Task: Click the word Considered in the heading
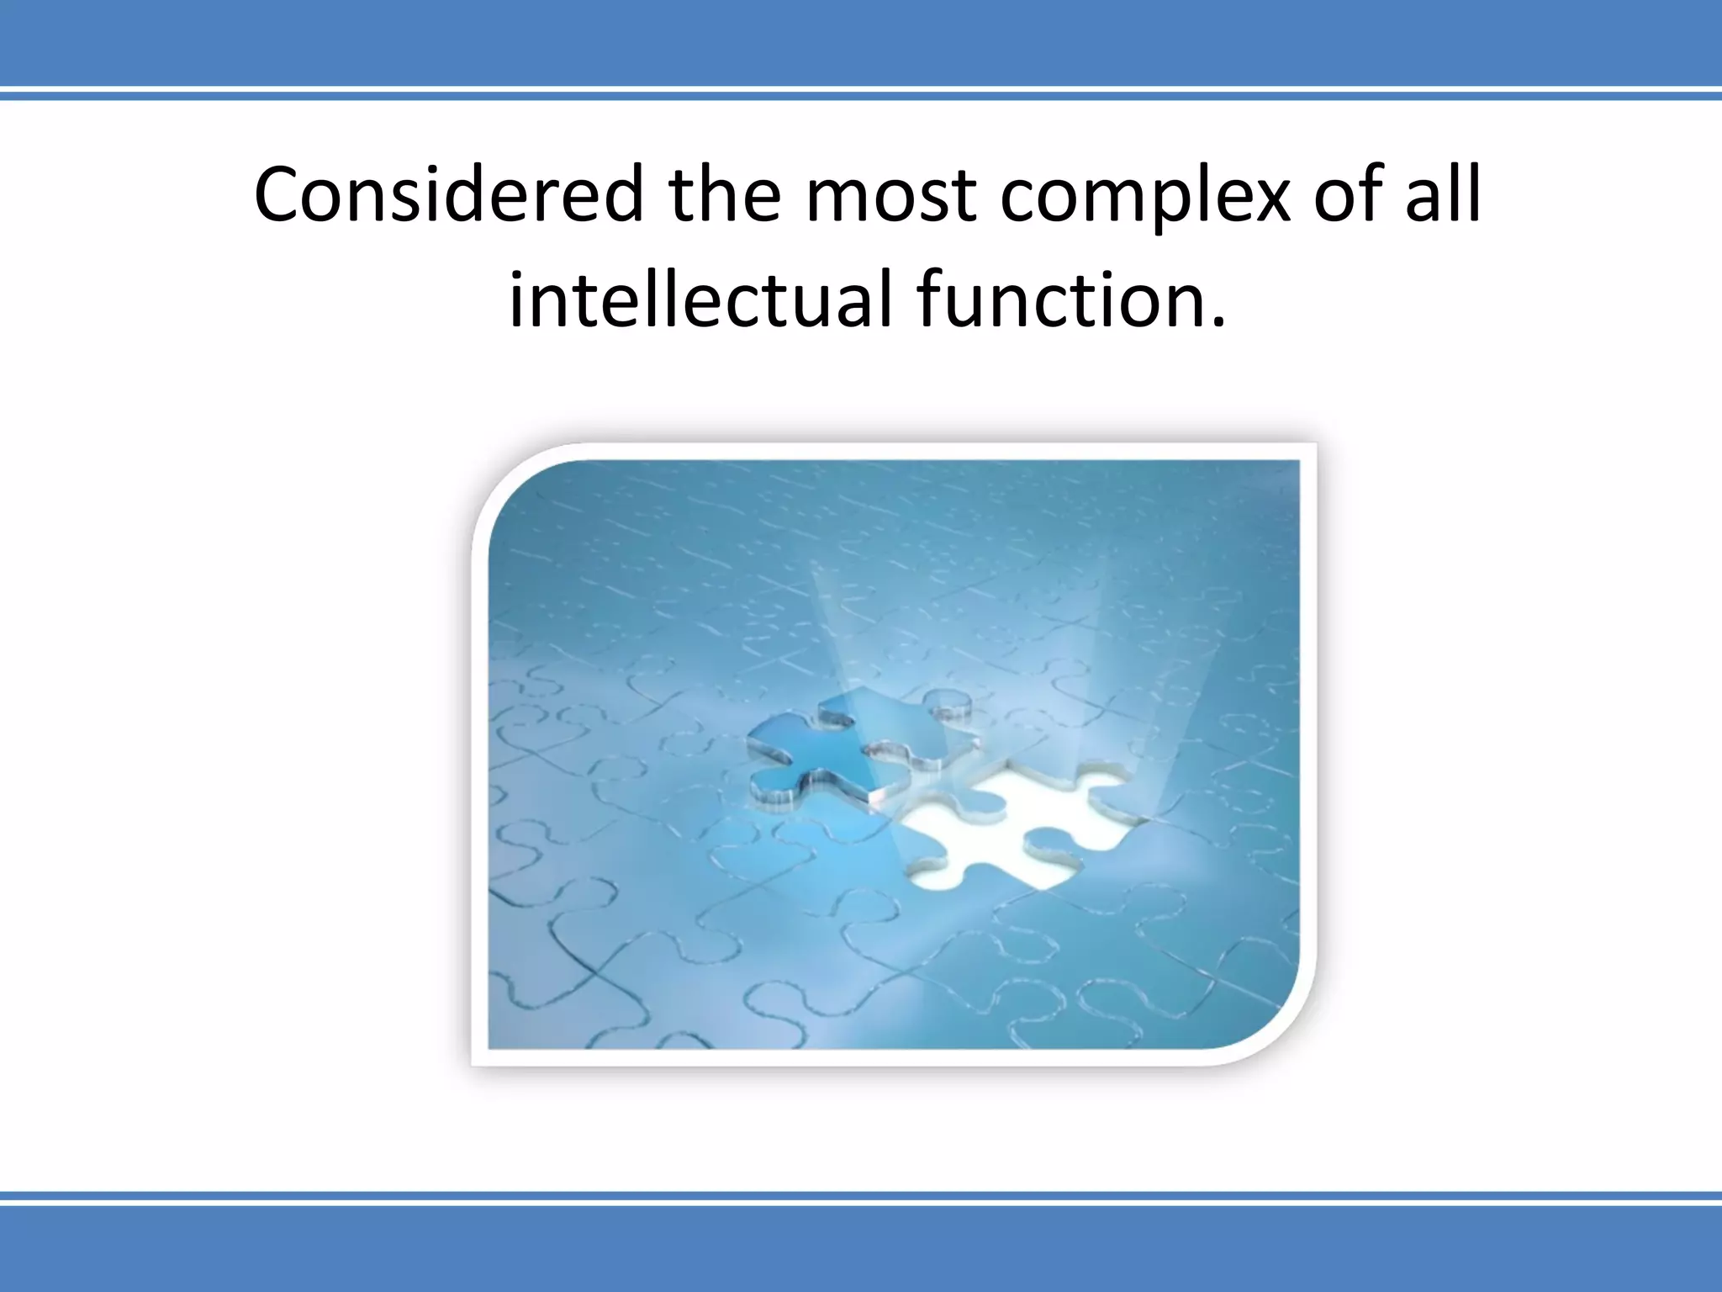(x=448, y=195)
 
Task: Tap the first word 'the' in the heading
(x=725, y=195)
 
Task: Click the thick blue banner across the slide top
(x=861, y=40)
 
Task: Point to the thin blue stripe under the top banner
(x=861, y=96)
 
